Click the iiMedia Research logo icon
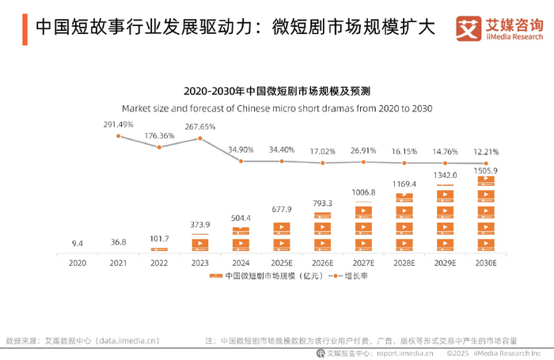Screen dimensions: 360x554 pos(469,28)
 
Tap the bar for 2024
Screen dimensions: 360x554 pos(240,241)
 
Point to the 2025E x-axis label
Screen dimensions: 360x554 pos(281,262)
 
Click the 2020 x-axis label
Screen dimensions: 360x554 pos(77,262)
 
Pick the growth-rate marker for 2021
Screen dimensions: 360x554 pos(118,136)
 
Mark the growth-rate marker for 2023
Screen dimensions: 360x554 pos(199,138)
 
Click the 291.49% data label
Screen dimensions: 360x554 pos(118,124)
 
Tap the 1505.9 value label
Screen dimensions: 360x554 pos(487,170)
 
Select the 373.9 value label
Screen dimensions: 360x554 pos(199,224)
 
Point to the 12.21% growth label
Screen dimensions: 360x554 pos(487,152)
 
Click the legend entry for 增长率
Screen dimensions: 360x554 pos(349,276)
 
